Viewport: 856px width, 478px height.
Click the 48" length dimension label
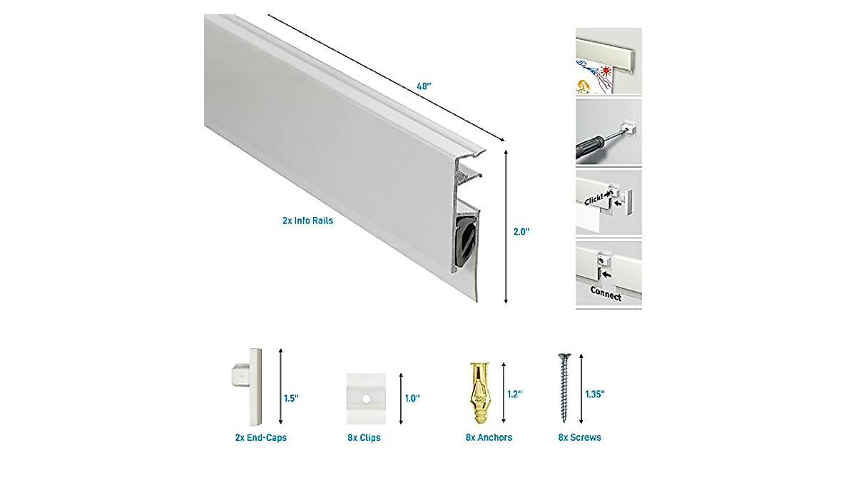click(424, 86)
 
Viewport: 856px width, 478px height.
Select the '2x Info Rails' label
click(307, 221)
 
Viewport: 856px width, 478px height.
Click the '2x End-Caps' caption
click(260, 437)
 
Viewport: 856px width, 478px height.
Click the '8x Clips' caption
click(364, 437)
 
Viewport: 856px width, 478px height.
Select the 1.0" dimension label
click(413, 398)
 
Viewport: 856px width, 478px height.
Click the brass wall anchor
click(477, 392)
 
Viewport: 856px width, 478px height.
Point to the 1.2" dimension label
click(515, 393)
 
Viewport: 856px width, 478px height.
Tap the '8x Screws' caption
click(579, 437)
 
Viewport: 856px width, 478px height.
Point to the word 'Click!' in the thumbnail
click(593, 201)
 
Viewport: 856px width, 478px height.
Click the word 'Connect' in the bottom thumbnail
click(606, 293)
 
